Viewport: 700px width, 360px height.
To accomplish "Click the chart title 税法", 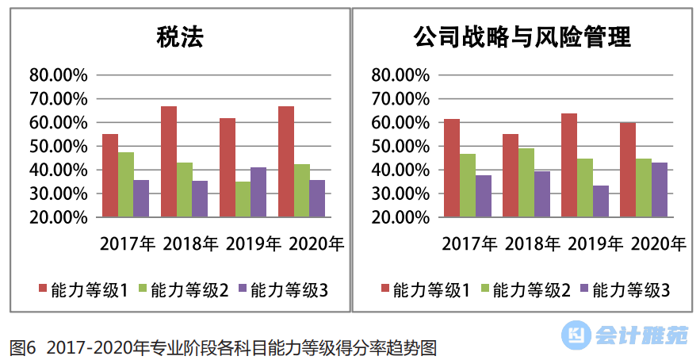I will pos(179,37).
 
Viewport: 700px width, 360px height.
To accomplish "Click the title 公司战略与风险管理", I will pos(522,37).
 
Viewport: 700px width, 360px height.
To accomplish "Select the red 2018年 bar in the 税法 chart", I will pos(169,162).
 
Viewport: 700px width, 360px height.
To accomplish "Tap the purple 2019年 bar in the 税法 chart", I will pos(258,192).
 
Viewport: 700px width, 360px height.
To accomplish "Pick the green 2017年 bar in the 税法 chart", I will pos(126,184).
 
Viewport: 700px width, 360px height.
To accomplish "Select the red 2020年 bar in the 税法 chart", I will pos(286,162).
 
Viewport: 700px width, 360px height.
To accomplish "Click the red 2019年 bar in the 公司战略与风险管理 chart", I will pos(569,165).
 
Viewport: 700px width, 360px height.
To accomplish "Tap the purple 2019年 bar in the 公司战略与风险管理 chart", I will pos(600,201).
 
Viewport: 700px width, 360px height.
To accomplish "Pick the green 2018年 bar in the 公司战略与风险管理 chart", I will pos(526,182).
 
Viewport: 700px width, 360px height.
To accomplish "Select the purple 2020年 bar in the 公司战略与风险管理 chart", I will pos(659,190).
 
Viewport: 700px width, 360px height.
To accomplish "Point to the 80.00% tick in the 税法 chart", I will pos(57,75).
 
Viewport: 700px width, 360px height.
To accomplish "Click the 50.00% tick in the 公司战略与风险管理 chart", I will pos(400,147).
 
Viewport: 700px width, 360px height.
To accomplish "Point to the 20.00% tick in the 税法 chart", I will pos(57,217).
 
